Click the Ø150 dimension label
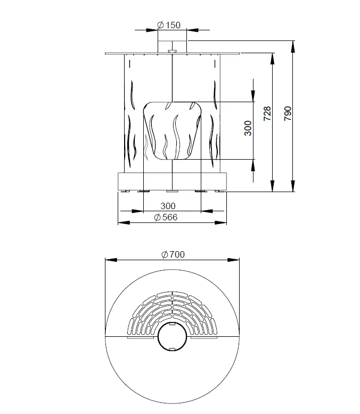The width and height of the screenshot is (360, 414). [x=169, y=25]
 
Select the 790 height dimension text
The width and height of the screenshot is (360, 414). [x=288, y=113]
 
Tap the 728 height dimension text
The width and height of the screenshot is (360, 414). [x=267, y=113]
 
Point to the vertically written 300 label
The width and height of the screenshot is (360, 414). [x=248, y=128]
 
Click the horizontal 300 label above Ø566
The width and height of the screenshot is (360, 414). [x=168, y=206]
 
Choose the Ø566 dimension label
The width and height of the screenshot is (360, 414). [x=166, y=217]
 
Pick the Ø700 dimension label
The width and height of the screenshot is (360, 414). [x=173, y=254]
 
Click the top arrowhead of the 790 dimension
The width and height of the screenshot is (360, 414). [x=292, y=47]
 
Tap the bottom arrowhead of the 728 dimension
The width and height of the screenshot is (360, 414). [x=273, y=186]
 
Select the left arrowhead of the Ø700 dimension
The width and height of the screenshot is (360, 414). [x=111, y=260]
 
